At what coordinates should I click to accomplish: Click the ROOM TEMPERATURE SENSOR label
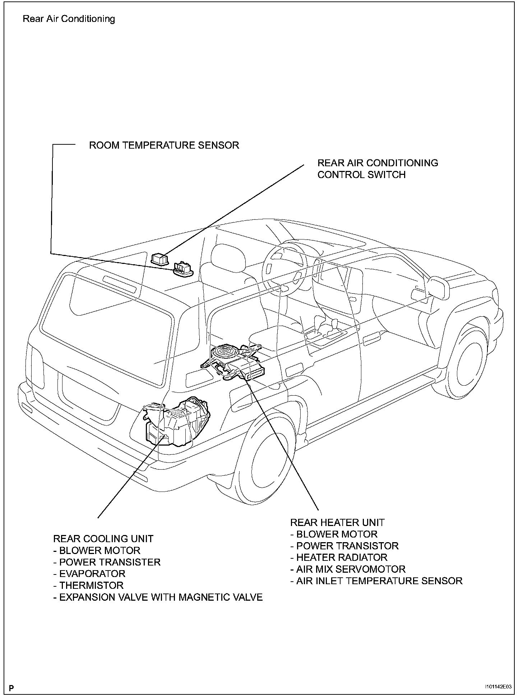[x=164, y=145]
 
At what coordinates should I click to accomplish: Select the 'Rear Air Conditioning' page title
[x=69, y=19]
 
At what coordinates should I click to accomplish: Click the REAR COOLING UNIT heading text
[x=103, y=539]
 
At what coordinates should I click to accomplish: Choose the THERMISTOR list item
[x=88, y=586]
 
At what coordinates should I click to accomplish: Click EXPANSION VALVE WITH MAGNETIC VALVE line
[x=158, y=597]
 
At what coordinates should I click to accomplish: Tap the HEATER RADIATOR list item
[x=339, y=558]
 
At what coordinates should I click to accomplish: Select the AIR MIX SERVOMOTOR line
[x=348, y=569]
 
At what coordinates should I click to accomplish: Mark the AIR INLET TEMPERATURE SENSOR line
[x=376, y=581]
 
